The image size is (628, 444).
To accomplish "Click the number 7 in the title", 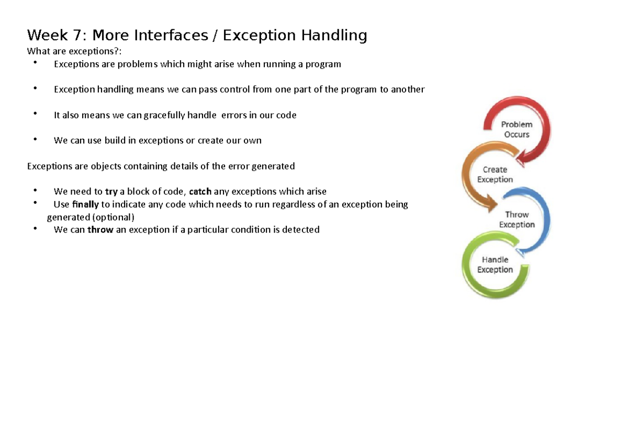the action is click(x=77, y=35).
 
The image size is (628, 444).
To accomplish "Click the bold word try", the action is click(x=111, y=192).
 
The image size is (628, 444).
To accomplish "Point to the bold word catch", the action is click(x=200, y=191).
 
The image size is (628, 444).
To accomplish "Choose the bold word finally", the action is click(x=85, y=205).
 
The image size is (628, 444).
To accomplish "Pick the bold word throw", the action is click(x=100, y=230).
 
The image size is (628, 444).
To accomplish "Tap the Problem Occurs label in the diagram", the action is click(x=517, y=129).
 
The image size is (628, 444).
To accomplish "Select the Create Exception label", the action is click(x=495, y=174).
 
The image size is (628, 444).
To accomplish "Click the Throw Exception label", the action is click(x=517, y=219).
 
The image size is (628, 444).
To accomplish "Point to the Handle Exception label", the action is click(x=495, y=264).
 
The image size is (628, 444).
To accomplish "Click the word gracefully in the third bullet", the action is click(x=164, y=116).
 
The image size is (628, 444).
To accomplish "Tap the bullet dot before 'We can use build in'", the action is click(x=35, y=139).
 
